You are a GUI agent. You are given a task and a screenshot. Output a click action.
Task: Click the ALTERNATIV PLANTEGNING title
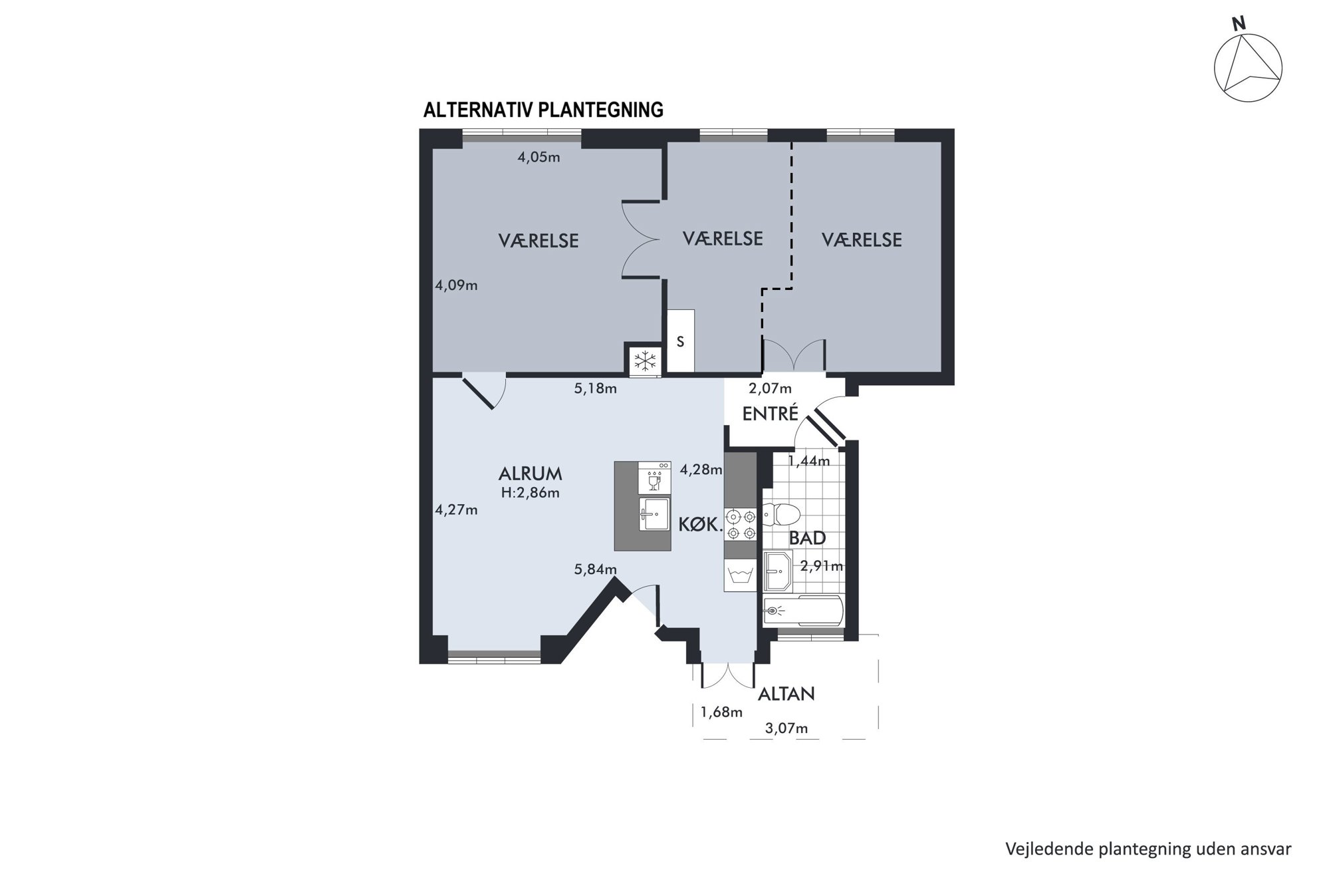(543, 110)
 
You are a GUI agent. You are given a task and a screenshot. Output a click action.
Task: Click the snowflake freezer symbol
(644, 361)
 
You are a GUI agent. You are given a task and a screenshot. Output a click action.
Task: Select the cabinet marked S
(681, 341)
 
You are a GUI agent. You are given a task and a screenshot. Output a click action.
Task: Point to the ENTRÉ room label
(770, 414)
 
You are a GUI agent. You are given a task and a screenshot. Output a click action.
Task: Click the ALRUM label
(530, 474)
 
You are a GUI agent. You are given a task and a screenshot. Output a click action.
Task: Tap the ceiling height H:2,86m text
(530, 493)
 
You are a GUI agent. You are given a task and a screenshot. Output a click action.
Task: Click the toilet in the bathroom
(781, 515)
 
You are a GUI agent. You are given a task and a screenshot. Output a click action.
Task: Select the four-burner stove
(741, 524)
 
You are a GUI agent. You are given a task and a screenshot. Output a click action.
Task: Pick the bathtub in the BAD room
(803, 611)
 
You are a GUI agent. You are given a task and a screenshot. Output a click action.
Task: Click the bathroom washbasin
(777, 570)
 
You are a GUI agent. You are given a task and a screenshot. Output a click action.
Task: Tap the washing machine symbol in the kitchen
(741, 575)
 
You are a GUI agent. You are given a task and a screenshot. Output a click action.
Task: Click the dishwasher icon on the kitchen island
(654, 478)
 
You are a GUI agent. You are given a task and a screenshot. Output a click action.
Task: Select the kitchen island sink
(654, 514)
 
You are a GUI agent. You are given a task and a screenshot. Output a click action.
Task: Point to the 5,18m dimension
(595, 388)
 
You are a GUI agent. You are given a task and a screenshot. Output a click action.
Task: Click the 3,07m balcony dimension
(786, 728)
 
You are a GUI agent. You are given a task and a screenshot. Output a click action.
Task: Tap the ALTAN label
(786, 694)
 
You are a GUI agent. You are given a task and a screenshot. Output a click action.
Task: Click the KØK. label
(700, 525)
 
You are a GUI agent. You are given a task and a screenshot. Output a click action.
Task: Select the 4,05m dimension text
(539, 158)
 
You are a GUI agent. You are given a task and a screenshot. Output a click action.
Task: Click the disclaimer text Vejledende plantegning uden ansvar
(1148, 849)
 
